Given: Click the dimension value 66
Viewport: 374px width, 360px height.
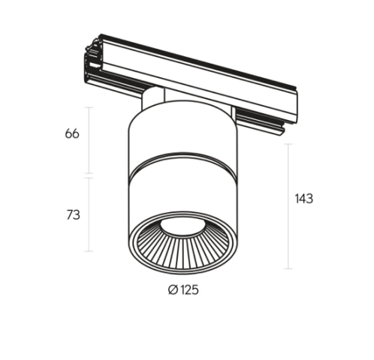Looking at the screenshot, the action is click(72, 133).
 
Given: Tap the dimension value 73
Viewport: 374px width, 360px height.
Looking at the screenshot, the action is click(73, 214).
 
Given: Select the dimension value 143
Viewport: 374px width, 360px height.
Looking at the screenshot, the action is click(304, 199).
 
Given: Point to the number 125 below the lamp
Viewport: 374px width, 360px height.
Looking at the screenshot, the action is click(189, 290).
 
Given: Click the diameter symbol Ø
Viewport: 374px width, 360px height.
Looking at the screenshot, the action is click(173, 290).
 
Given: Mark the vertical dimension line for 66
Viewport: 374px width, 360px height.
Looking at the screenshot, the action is click(89, 140).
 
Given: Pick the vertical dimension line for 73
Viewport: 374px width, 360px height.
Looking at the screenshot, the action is click(89, 214).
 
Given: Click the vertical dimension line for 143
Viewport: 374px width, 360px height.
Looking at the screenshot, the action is click(288, 206).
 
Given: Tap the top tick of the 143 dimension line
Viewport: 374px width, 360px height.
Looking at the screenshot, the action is click(288, 144).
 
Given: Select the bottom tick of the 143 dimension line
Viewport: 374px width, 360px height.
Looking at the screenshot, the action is click(288, 268).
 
